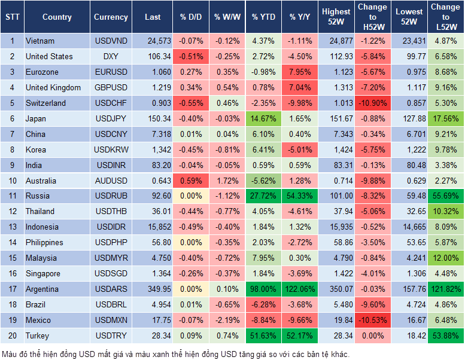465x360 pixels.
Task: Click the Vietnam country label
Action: (x=39, y=41)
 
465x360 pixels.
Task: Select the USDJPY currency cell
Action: (x=111, y=118)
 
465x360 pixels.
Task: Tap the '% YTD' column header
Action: (x=263, y=17)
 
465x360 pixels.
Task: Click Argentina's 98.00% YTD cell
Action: (x=263, y=289)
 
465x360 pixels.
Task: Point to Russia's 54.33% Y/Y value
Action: (x=300, y=196)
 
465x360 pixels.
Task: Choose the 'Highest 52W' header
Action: (x=336, y=17)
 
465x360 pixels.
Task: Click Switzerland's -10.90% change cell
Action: (x=372, y=103)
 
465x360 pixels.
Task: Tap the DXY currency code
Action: (x=111, y=56)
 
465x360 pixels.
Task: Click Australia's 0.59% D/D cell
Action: (x=190, y=180)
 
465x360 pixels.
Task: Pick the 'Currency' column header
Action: (x=111, y=17)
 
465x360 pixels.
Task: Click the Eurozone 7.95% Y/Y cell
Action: (x=300, y=72)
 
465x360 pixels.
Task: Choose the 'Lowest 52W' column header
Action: (x=409, y=17)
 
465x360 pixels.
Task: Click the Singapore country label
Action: (x=42, y=273)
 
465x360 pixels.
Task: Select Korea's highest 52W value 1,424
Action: (x=336, y=150)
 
